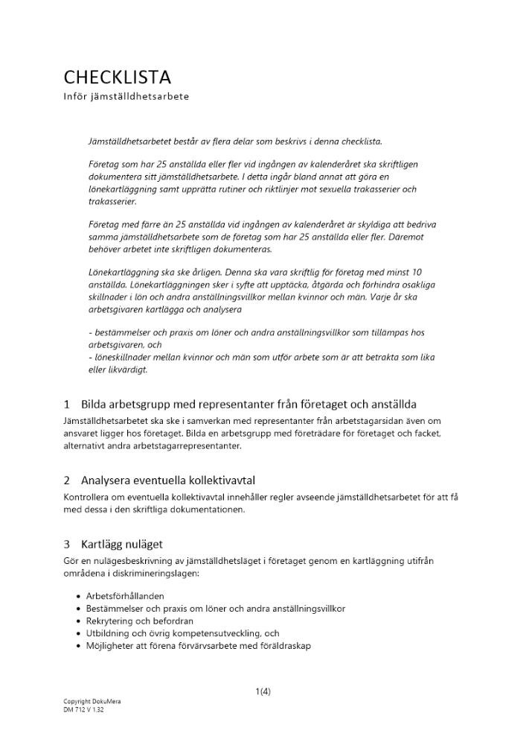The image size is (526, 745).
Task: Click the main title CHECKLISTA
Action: [117, 77]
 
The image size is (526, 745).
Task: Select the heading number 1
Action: [67, 405]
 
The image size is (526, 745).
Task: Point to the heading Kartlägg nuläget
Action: [122, 544]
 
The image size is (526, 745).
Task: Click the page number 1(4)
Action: [263, 691]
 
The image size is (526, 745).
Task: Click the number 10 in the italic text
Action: [417, 273]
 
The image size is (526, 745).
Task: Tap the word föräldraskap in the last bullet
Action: [286, 645]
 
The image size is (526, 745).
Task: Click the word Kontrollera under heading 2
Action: [88, 497]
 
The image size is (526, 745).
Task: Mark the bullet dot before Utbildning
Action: [80, 633]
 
